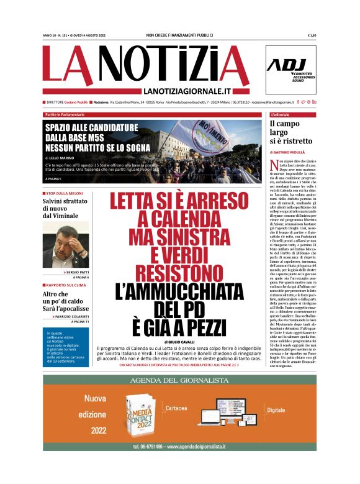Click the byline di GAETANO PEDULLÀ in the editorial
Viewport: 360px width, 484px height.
click(290, 152)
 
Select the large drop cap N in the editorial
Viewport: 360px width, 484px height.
click(273, 163)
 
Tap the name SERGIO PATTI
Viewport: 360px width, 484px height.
click(76, 273)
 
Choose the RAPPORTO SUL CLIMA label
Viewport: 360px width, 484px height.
click(66, 285)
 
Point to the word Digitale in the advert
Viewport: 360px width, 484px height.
click(276, 393)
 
